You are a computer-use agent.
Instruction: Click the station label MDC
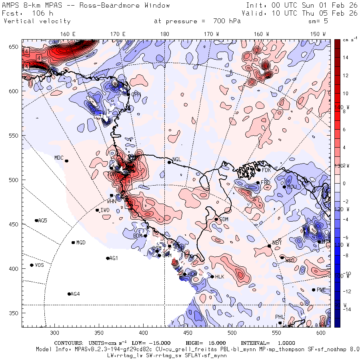tap(59, 158)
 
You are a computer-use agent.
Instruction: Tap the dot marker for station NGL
tap(169, 162)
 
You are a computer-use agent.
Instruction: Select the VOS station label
tap(39, 265)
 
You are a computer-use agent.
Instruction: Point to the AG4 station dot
tap(69, 294)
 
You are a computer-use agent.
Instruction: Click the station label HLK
tap(220, 276)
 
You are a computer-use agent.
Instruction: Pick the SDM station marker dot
tap(216, 219)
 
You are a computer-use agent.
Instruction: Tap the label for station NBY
tap(277, 243)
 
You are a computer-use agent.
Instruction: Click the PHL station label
tap(280, 317)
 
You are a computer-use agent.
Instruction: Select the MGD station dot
tap(73, 242)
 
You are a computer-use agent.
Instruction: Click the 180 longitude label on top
tap(164, 34)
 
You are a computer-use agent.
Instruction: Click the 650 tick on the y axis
tap(15, 47)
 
